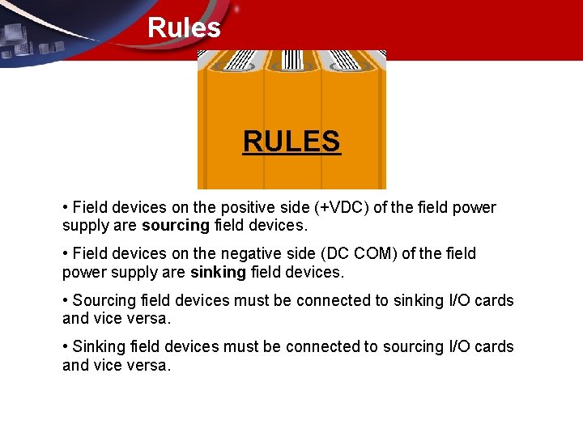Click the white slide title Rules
point(184,28)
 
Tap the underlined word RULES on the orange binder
point(291,142)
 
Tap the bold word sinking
point(218,272)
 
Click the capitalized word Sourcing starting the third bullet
point(104,300)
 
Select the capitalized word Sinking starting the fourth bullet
point(99,346)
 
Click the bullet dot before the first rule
point(65,208)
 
